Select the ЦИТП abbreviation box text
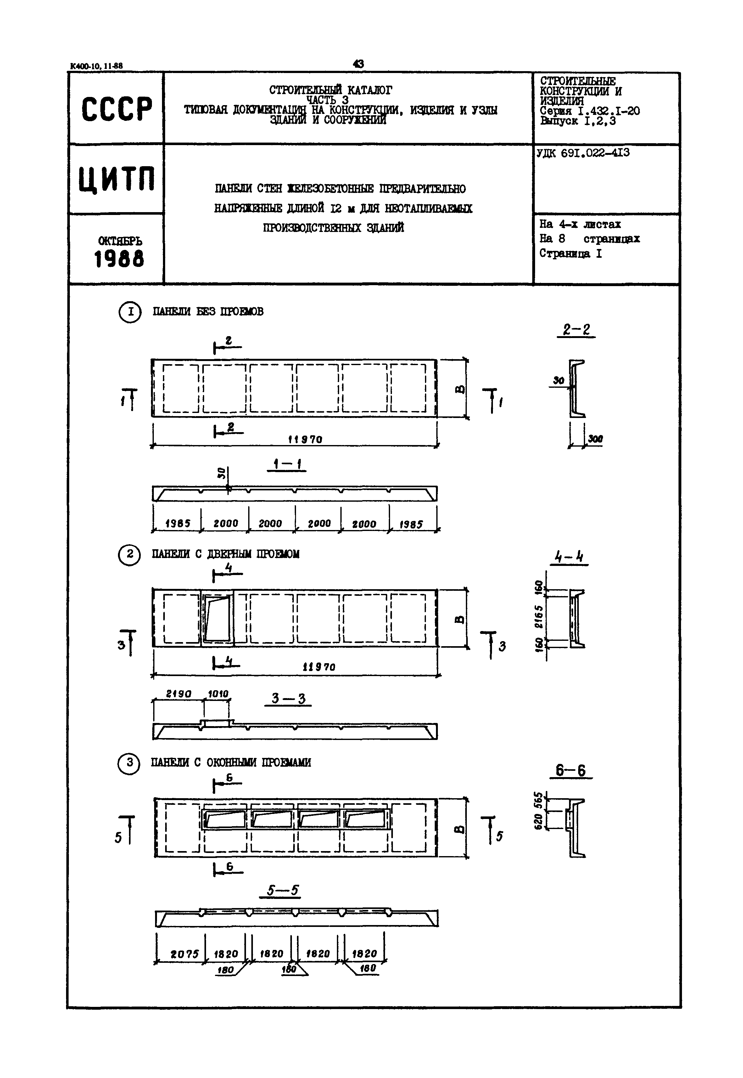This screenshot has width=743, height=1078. (x=116, y=179)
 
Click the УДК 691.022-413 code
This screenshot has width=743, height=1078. (x=583, y=153)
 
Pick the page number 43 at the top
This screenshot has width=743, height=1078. (x=359, y=64)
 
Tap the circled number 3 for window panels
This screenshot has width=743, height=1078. (x=129, y=763)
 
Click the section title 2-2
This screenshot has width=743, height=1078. (x=576, y=330)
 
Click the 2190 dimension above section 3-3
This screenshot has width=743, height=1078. (x=179, y=694)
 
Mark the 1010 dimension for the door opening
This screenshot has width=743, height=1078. (x=218, y=694)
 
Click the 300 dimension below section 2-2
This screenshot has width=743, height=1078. (x=595, y=439)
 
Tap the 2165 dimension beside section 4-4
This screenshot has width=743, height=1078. (x=539, y=617)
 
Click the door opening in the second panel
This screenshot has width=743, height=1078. (x=217, y=619)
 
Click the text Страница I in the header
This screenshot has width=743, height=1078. (x=571, y=254)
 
